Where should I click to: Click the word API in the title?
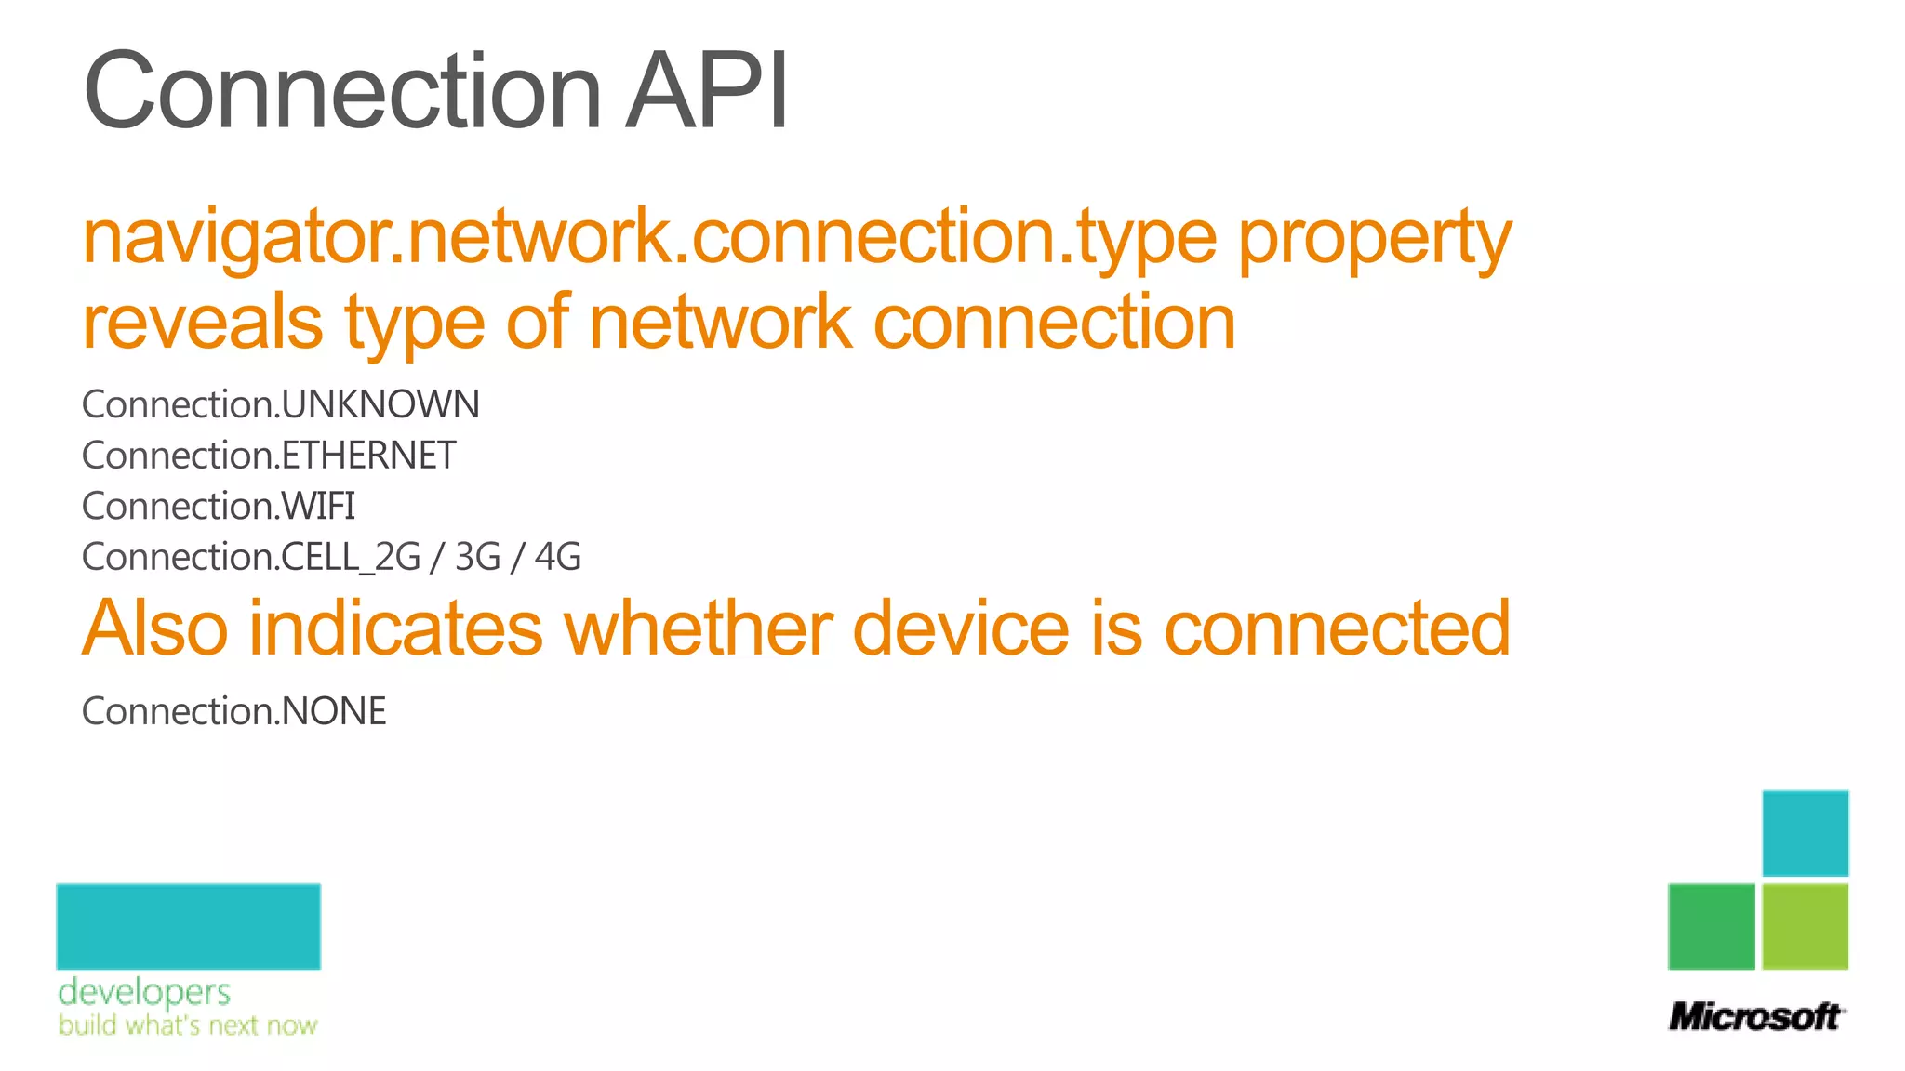click(x=707, y=91)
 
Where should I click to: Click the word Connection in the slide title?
click(x=342, y=91)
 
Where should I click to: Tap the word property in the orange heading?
click(x=1374, y=240)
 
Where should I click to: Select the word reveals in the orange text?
click(x=203, y=322)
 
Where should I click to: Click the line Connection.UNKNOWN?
click(x=281, y=404)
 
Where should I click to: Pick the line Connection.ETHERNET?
click(x=269, y=456)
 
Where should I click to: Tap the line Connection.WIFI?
click(x=219, y=507)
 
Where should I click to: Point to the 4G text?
click(x=558, y=557)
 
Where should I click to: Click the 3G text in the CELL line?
click(x=478, y=557)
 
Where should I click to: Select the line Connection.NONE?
click(x=234, y=711)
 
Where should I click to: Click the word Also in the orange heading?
click(x=155, y=628)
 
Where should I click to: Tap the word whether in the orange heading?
click(x=698, y=628)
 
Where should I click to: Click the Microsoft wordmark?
click(x=1755, y=1016)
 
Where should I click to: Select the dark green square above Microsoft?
click(x=1712, y=926)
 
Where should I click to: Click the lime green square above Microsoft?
click(x=1805, y=926)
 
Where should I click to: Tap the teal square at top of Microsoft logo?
click(x=1805, y=833)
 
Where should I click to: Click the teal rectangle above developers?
click(x=189, y=926)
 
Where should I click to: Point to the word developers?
click(x=144, y=993)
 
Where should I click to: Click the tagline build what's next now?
click(x=188, y=1025)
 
